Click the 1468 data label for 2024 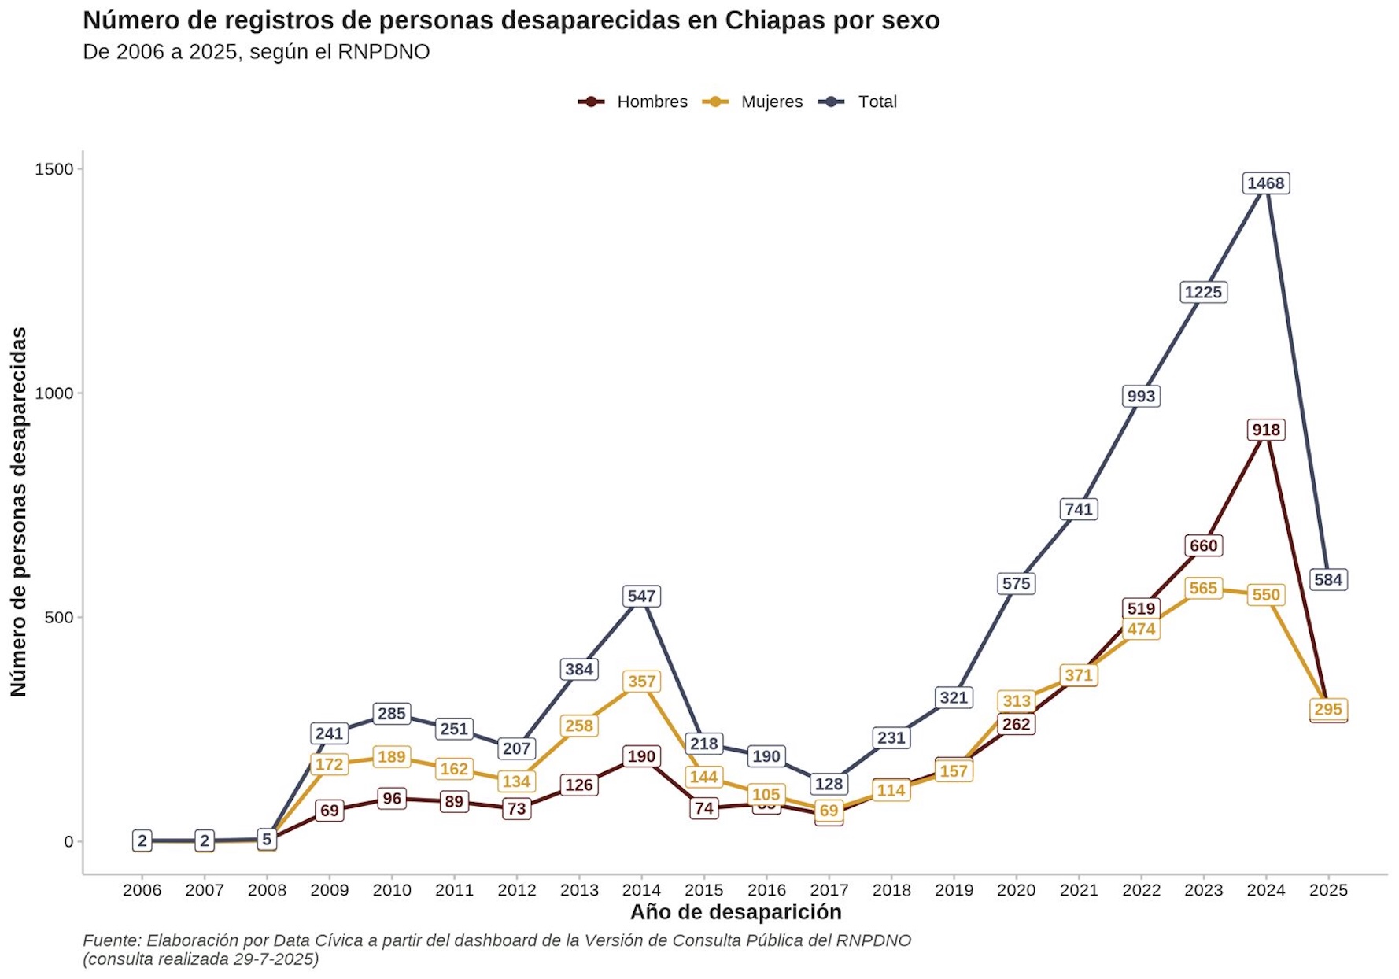click(1265, 183)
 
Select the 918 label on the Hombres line click(1265, 430)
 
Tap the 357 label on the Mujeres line click(641, 682)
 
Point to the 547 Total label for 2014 click(641, 597)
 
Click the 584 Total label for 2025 click(1327, 580)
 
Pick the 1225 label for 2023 click(1203, 293)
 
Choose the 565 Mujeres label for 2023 click(1203, 589)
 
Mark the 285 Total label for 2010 click(392, 714)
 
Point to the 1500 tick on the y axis click(54, 169)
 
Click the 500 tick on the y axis click(58, 618)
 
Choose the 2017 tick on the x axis click(829, 890)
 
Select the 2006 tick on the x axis click(142, 890)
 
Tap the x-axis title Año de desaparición click(736, 912)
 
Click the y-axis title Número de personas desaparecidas click(18, 512)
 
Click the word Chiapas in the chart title click(776, 20)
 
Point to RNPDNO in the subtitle click(383, 52)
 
